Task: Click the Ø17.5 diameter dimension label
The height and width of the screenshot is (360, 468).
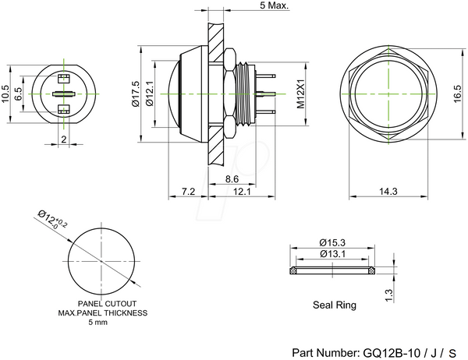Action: point(135,94)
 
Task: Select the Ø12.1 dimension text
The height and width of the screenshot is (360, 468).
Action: point(149,94)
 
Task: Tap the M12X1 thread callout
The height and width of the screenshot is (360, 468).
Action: point(300,94)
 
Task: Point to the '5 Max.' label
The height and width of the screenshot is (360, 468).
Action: point(275,5)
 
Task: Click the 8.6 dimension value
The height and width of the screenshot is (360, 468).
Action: point(232,179)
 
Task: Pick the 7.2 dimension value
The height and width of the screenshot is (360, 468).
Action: point(188,191)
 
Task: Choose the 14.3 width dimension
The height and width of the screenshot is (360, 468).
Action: point(388,191)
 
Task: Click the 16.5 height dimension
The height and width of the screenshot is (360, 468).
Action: point(458,94)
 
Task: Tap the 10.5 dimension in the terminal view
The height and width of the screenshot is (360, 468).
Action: point(6,94)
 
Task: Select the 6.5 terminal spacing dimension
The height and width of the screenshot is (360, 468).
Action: point(18,94)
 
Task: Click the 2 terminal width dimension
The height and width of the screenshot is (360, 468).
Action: point(64,139)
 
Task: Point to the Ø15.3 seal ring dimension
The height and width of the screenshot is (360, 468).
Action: point(332,242)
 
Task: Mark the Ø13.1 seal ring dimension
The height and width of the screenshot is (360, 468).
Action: point(332,254)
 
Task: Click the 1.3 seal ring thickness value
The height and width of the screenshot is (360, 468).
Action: point(389,295)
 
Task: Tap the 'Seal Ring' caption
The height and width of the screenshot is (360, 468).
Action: point(335,305)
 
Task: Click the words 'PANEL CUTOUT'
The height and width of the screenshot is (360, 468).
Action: point(107,304)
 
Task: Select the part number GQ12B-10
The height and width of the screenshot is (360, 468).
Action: point(392,353)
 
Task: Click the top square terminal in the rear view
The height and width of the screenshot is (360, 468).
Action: point(64,79)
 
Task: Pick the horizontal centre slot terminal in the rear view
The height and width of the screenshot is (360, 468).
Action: point(64,94)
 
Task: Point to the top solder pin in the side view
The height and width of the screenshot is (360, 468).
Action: point(266,76)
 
